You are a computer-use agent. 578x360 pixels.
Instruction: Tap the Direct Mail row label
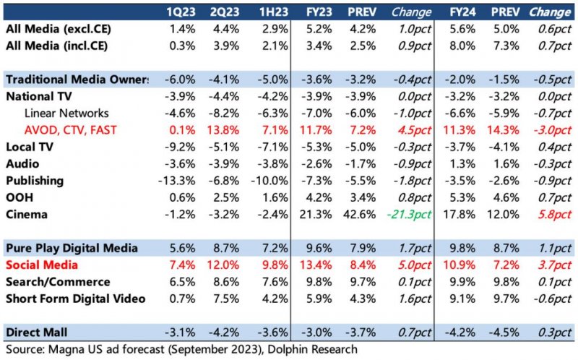click(38, 332)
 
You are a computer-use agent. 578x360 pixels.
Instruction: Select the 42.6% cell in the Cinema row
click(360, 214)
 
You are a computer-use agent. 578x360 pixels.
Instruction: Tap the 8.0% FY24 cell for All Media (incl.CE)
click(464, 46)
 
